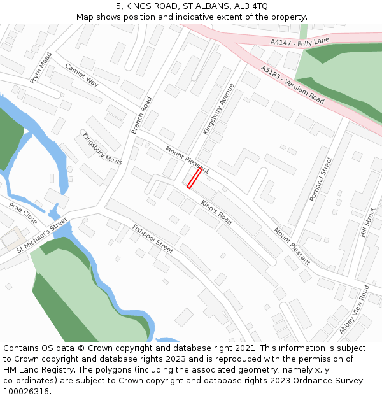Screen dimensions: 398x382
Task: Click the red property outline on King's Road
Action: [x=194, y=178]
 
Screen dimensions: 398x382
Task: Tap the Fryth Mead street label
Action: [x=41, y=68]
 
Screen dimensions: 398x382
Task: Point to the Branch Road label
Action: [x=141, y=115]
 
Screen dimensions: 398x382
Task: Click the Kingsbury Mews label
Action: [x=101, y=148]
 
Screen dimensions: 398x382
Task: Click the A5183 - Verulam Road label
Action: [x=292, y=84]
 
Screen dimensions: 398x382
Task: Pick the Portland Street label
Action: [x=321, y=180]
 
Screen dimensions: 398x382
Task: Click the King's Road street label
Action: [x=216, y=212]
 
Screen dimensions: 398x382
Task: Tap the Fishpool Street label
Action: [x=153, y=239]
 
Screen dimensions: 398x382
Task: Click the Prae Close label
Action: [x=23, y=213]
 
